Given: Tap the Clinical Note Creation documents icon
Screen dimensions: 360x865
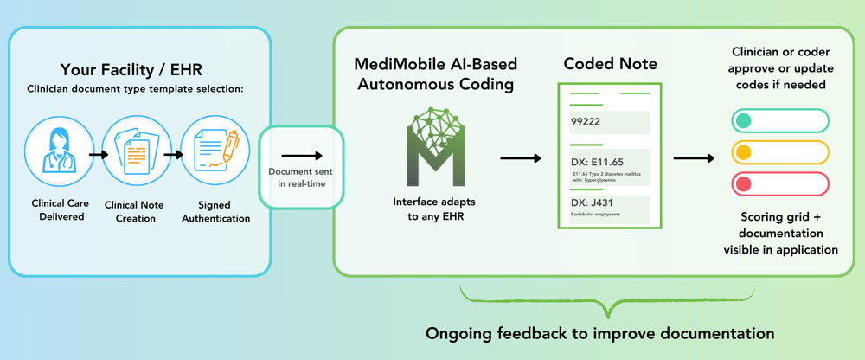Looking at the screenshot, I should [x=137, y=155].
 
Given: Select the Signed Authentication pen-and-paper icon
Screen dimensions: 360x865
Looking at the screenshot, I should [x=215, y=155].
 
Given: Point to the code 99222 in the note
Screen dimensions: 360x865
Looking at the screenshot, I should [x=587, y=122].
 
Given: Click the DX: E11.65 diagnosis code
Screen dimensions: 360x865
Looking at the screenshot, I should [x=598, y=161].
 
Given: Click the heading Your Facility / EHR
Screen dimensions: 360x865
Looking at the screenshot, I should [x=138, y=70].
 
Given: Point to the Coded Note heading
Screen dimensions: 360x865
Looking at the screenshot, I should [x=609, y=64].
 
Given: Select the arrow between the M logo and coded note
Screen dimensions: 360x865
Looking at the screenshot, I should [x=521, y=158].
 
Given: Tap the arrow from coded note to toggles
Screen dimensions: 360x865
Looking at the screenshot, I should [x=694, y=158].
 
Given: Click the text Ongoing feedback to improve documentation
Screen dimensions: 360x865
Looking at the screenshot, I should [x=599, y=333].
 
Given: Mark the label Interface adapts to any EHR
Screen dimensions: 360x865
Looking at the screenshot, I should [x=434, y=209].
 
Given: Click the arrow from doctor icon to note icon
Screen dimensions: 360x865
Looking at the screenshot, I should [x=98, y=155].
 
